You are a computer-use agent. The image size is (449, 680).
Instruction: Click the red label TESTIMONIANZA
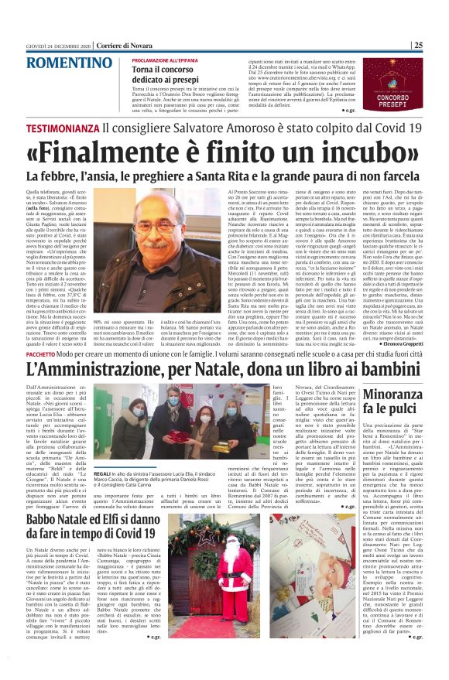pyautogui.click(x=63, y=127)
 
